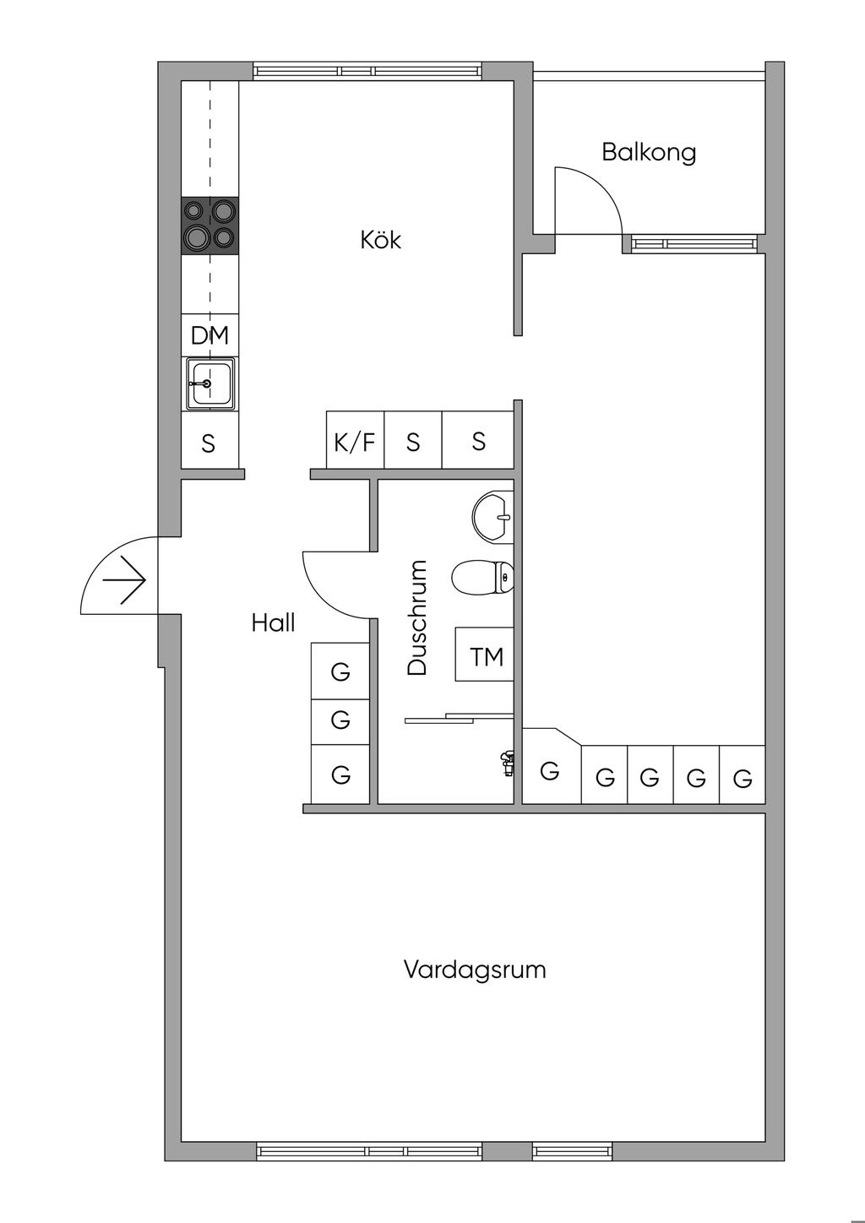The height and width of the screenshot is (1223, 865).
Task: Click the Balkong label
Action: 649,153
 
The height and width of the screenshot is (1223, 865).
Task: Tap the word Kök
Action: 380,241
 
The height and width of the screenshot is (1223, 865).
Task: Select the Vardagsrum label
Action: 475,969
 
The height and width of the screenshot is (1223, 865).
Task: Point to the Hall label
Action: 273,623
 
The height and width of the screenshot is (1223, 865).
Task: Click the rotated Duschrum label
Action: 417,617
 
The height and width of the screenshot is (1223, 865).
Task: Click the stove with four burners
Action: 209,226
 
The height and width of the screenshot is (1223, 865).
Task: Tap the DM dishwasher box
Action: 209,335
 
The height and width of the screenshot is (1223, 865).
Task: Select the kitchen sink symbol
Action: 209,383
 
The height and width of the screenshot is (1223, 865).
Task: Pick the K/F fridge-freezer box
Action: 355,441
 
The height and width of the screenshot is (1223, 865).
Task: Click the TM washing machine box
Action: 486,655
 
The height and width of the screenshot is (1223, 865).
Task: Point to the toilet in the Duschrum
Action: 482,579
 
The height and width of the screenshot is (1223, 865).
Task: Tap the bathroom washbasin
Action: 492,516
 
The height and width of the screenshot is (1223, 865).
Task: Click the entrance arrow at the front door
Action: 124,581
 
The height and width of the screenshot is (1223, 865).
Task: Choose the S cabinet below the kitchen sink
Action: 209,443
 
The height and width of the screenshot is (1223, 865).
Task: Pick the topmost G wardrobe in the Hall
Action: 340,671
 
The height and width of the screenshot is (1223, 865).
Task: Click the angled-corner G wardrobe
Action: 550,769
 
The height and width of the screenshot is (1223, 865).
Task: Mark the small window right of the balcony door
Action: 693,244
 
